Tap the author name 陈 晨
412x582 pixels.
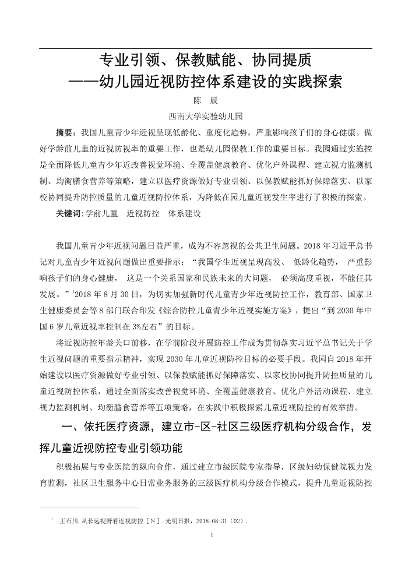tap(205, 100)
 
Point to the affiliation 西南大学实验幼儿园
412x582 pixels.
tap(205, 115)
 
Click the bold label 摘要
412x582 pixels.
tap(64, 132)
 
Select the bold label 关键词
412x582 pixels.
tap(69, 213)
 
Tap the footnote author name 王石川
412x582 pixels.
tap(69, 521)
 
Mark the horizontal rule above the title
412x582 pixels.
tap(205, 48)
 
